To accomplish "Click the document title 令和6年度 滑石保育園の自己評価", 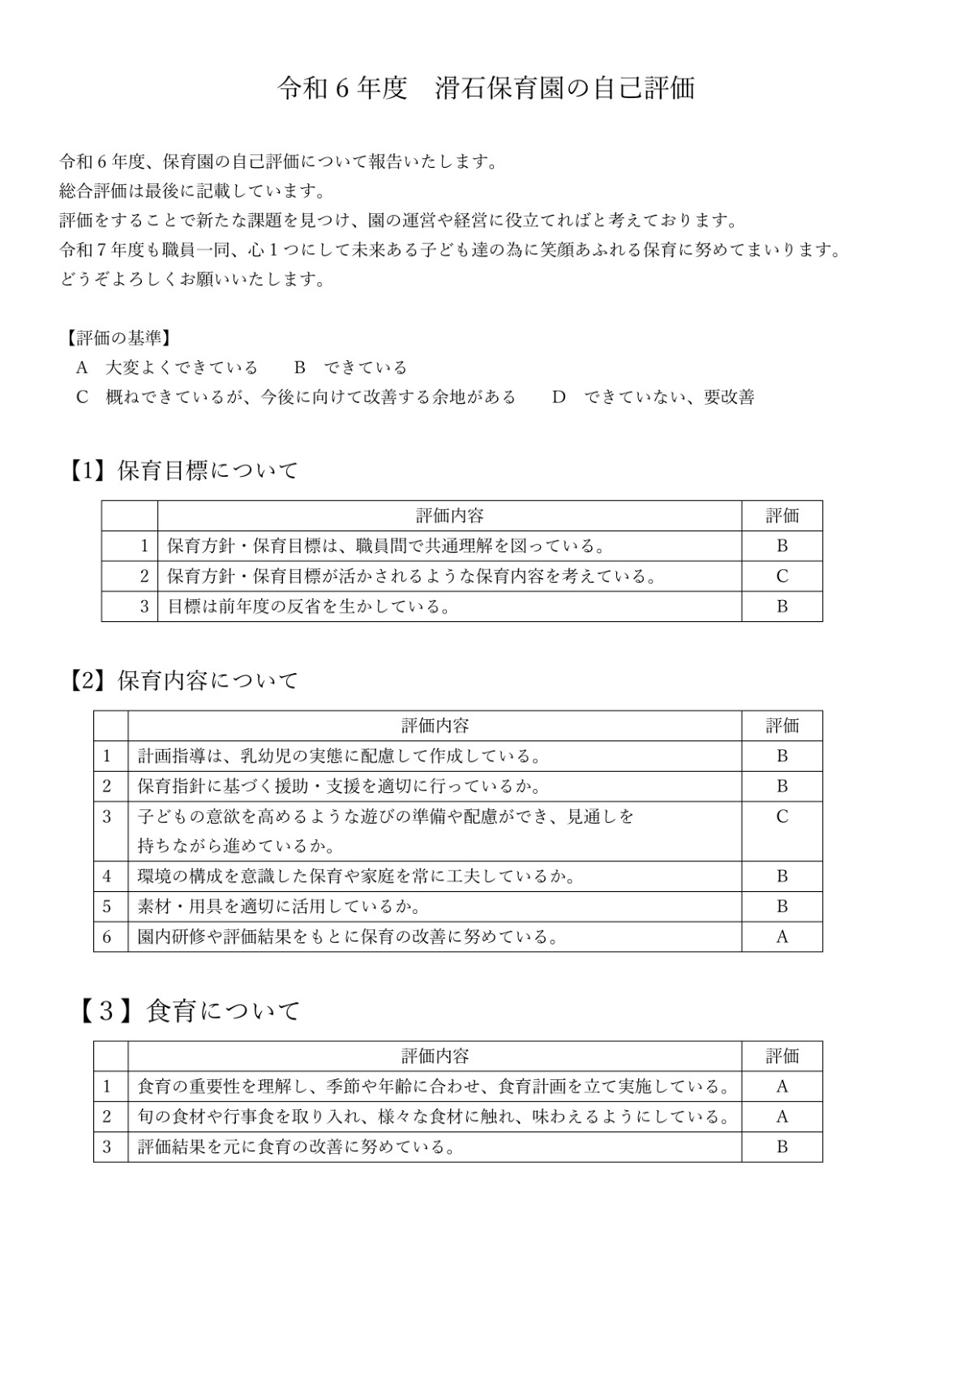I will tap(486, 88).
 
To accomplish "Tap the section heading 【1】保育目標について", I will tap(183, 470).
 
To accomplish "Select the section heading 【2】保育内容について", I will tap(183, 680).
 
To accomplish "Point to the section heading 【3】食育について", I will tap(189, 1010).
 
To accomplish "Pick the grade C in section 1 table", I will tap(782, 577).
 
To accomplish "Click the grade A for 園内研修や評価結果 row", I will tap(782, 937).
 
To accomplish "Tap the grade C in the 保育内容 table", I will tap(782, 817).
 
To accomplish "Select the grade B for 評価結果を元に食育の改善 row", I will tap(782, 1147).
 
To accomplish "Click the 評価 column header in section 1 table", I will tap(782, 516).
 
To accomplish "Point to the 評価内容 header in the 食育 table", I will tap(435, 1056).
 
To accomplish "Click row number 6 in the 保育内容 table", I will tap(107, 937).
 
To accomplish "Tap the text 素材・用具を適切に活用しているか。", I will tap(279, 907).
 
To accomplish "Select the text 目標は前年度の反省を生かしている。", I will tap(309, 607).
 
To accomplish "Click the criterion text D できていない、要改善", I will tap(653, 397).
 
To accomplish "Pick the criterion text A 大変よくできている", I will tap(166, 367).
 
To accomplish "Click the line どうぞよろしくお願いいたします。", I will tap(193, 280).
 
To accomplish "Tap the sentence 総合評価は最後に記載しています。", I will tap(193, 191).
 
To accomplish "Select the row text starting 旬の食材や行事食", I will tap(434, 1117).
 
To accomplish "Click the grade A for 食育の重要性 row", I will tap(782, 1087).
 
